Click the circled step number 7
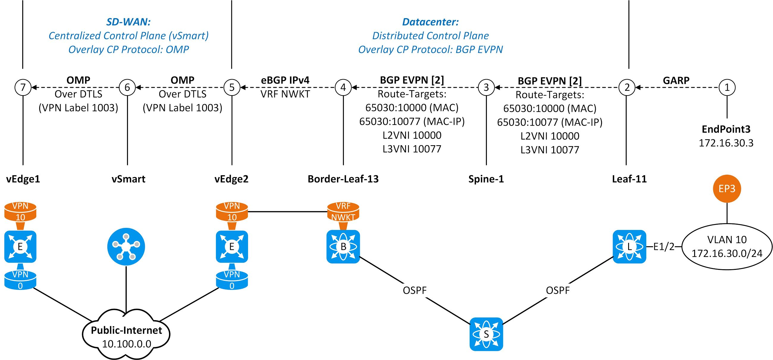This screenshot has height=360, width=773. click(23, 87)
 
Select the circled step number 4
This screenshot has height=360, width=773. click(343, 87)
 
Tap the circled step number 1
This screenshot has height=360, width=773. click(727, 87)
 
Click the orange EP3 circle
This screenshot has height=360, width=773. click(727, 189)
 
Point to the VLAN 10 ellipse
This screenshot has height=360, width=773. click(727, 247)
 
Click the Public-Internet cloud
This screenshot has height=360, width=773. click(126, 336)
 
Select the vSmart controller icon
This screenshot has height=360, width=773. click(126, 247)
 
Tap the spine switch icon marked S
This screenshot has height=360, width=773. click(486, 334)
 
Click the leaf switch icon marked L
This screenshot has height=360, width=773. click(629, 247)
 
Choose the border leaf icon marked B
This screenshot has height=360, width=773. click(343, 247)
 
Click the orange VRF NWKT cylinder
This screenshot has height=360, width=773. click(343, 212)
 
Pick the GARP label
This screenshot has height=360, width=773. click(676, 80)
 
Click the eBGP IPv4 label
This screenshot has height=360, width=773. click(285, 80)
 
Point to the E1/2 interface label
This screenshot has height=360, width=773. click(664, 247)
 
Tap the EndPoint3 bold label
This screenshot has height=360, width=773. click(726, 129)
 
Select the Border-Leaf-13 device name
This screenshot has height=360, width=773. click(343, 179)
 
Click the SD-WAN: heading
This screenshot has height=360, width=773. click(128, 22)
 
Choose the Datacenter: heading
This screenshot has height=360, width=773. click(430, 22)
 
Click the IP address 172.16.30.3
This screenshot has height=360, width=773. click(726, 143)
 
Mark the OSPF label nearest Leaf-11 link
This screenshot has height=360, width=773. click(558, 290)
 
